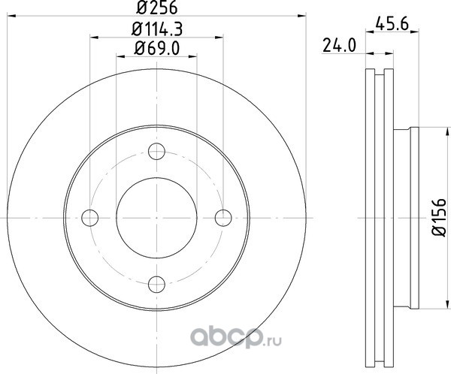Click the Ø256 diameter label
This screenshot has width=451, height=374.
pyautogui.click(x=157, y=8)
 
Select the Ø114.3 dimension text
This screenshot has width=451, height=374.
pyautogui.click(x=157, y=29)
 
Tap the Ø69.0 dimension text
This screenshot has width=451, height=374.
pyautogui.click(x=157, y=48)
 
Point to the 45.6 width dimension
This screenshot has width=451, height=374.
pyautogui.click(x=392, y=24)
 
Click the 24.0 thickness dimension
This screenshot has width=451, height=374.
pyautogui.click(x=340, y=46)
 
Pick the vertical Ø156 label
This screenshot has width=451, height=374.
pyautogui.click(x=439, y=218)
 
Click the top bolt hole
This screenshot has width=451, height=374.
pyautogui.click(x=156, y=151)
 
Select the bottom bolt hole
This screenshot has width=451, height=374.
pyautogui.click(x=156, y=285)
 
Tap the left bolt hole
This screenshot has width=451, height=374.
pyautogui.click(x=90, y=218)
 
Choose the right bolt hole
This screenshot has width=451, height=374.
pyautogui.click(x=223, y=218)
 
